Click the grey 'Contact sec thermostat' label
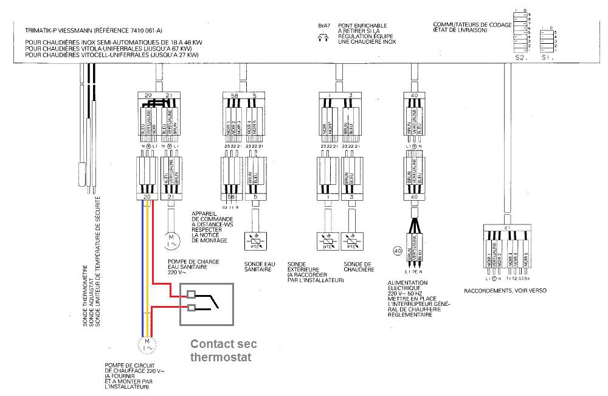tap(221, 350)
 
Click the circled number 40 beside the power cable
tap(399, 251)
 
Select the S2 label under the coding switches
tap(519, 58)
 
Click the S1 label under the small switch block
tap(545, 58)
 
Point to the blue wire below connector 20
tap(143, 268)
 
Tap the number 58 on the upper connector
tap(234, 96)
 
